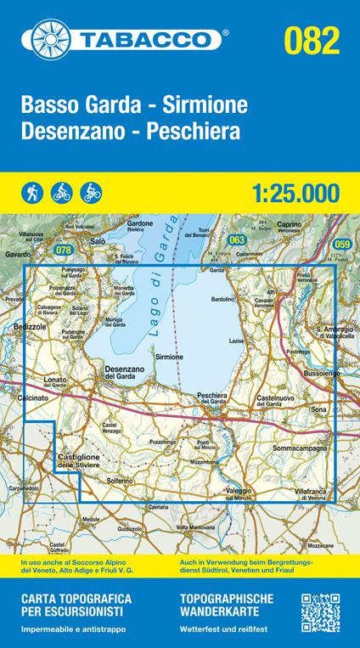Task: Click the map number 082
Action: pos(313,38)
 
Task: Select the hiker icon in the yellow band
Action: pos(32,190)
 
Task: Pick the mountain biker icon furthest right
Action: pos(91,190)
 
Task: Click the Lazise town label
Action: pos(237,340)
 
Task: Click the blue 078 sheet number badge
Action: pos(63,250)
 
